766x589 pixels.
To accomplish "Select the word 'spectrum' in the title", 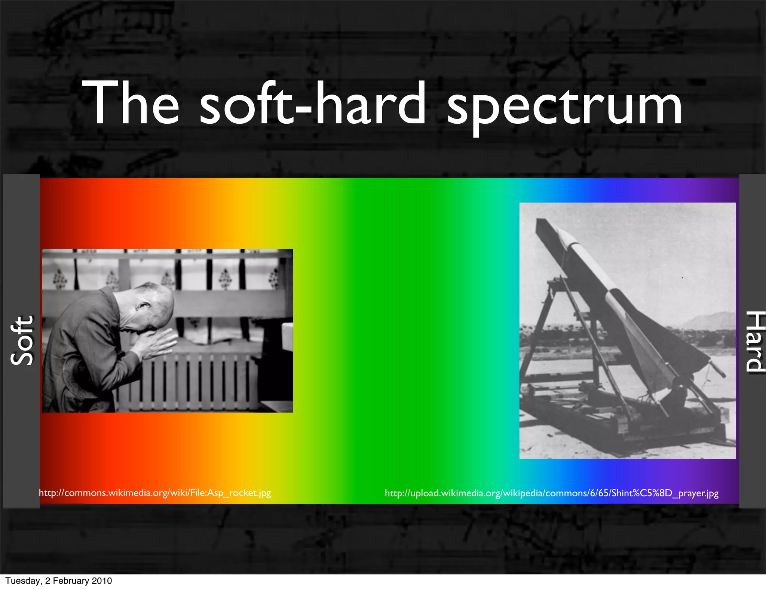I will (565, 107).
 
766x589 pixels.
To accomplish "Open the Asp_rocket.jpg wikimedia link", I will (155, 493).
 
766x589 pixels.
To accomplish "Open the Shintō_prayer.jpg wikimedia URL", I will (552, 493).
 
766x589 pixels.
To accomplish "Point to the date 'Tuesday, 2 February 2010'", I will (59, 580).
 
